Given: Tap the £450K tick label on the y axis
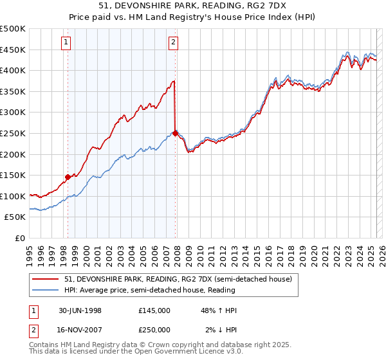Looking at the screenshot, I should tap(14, 50).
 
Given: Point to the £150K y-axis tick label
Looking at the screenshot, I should tap(14, 175).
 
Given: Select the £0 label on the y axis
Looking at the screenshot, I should tap(20, 238).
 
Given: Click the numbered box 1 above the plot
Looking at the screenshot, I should tap(66, 43).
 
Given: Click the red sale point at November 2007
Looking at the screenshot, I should tap(175, 133).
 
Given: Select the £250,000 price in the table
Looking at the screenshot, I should tap(154, 330).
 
